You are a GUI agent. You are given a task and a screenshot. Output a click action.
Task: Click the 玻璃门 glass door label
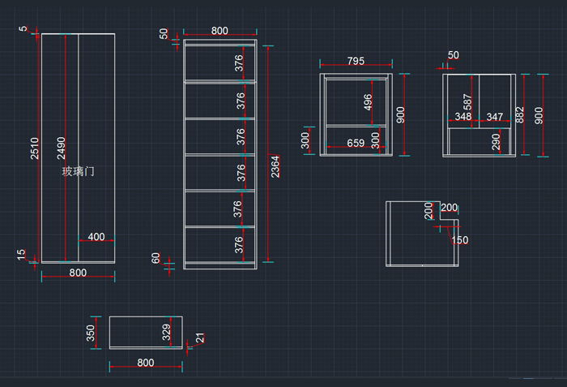79,172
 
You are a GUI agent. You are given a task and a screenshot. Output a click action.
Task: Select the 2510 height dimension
35,148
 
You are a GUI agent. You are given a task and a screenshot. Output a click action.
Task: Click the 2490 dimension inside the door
62,148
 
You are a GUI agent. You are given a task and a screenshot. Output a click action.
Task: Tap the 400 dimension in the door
96,237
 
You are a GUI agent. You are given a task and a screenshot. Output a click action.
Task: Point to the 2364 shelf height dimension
275,166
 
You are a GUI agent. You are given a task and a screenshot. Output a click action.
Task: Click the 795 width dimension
356,61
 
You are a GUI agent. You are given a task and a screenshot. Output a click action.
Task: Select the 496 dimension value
369,102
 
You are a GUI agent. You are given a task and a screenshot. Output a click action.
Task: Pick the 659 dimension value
355,143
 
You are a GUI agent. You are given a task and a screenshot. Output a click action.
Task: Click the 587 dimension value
467,102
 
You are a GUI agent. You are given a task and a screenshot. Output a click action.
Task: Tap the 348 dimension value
463,117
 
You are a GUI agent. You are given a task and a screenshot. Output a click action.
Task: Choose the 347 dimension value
494,117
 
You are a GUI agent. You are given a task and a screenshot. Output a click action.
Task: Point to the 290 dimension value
497,143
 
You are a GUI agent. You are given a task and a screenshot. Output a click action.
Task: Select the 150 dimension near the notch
459,240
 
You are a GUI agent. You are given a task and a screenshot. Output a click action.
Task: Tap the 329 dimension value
167,333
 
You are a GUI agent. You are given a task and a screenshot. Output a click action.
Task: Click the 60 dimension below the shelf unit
156,258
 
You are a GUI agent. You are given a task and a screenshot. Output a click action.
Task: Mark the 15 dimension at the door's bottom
23,255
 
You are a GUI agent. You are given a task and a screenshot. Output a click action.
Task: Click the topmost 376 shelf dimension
240,62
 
